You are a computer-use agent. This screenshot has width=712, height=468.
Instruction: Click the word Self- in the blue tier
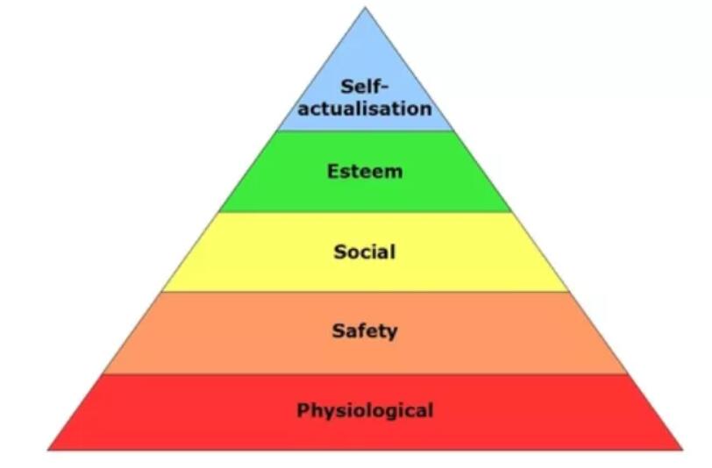(x=365, y=86)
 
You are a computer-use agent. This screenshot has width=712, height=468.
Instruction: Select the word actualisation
(x=365, y=109)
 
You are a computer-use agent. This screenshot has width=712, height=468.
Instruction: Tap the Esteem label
(x=365, y=172)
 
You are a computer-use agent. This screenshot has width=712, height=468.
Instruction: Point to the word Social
(x=365, y=252)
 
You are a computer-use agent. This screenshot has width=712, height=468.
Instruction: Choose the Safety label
(x=365, y=331)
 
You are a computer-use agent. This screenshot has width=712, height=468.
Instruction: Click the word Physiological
(x=365, y=411)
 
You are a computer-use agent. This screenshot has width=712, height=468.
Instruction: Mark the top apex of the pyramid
(x=365, y=7)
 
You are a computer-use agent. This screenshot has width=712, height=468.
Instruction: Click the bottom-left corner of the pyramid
(x=48, y=450)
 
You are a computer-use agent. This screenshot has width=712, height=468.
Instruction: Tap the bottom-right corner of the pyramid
(x=682, y=450)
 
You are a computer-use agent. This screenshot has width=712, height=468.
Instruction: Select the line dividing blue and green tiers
(x=365, y=131)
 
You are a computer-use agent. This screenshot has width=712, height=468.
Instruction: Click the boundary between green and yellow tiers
(x=365, y=212)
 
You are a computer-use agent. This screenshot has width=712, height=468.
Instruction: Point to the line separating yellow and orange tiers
(x=365, y=292)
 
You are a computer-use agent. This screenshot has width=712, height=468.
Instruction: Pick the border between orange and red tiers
(x=365, y=374)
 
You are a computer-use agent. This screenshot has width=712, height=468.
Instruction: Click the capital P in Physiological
(x=303, y=410)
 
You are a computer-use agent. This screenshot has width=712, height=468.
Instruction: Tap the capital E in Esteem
(x=333, y=172)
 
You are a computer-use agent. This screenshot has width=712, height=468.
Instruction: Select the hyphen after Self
(x=385, y=88)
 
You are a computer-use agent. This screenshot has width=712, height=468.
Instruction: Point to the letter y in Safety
(x=391, y=333)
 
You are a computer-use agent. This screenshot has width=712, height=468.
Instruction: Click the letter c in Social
(x=364, y=254)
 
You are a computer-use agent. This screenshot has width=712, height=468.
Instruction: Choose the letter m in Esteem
(x=394, y=174)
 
